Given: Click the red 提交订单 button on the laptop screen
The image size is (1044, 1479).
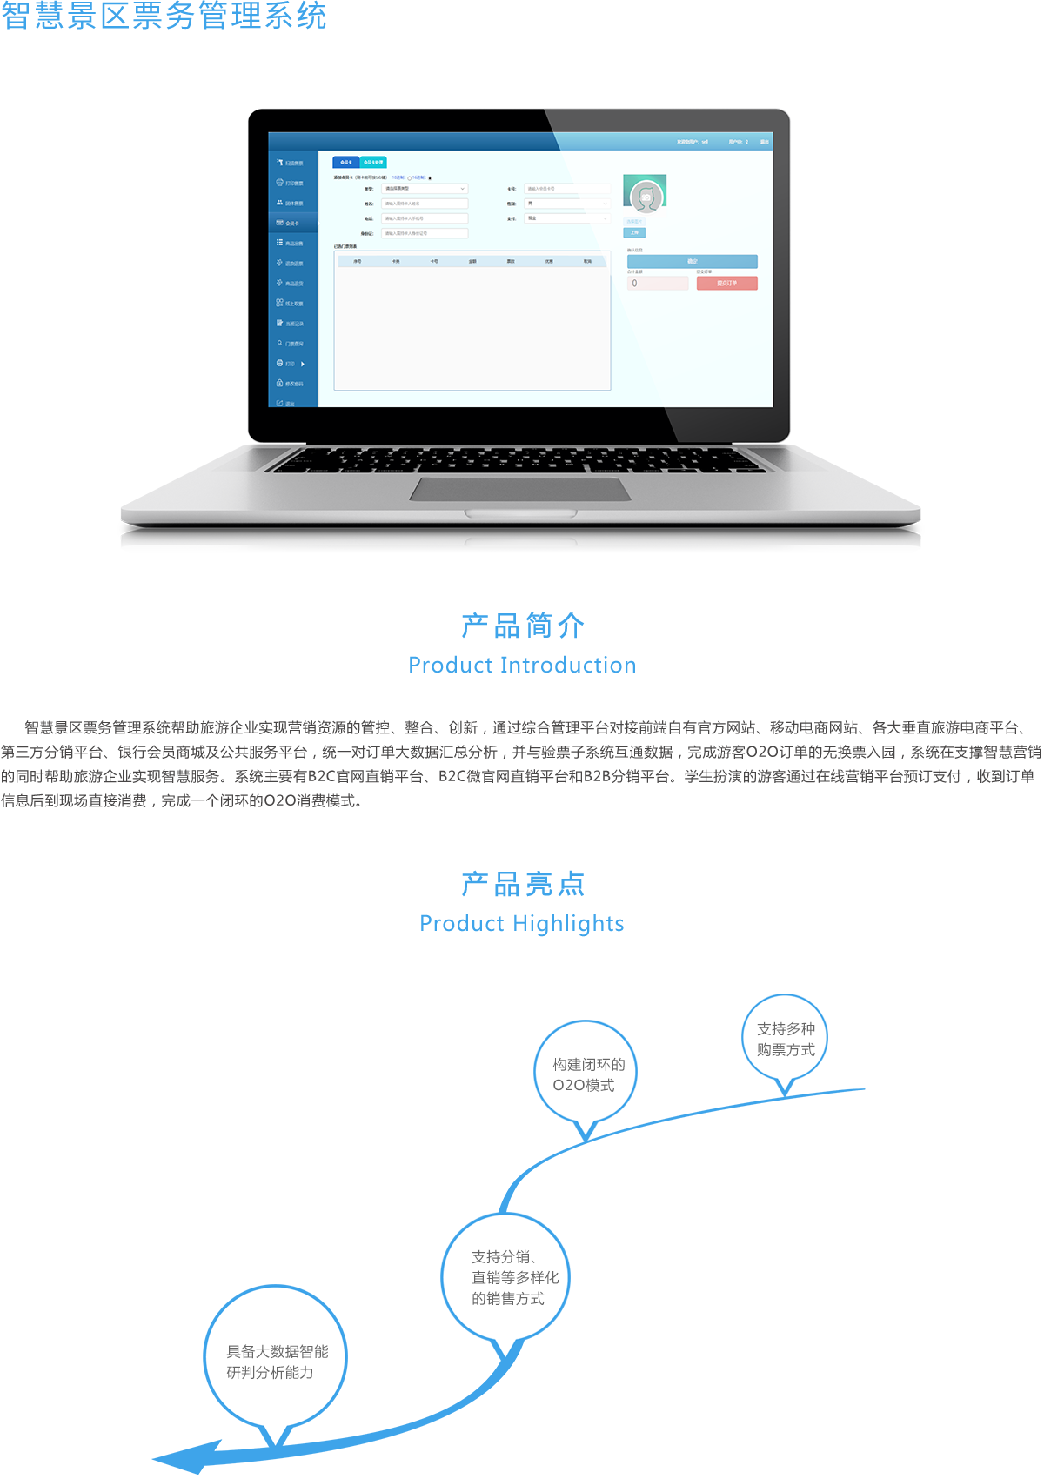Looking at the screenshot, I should tap(726, 283).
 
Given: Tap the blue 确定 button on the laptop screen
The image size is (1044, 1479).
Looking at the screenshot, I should tap(692, 261).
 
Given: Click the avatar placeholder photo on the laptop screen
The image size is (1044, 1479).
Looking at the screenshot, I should tap(645, 195).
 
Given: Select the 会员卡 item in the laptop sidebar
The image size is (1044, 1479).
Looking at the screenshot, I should tap(291, 224).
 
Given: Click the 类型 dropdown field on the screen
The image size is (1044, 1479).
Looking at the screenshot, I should tap(425, 189).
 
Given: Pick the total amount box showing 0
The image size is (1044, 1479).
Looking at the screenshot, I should tap(657, 283).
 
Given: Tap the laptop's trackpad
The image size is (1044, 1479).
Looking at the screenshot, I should tap(520, 489).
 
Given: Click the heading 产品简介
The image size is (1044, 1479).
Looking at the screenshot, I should tap(522, 625).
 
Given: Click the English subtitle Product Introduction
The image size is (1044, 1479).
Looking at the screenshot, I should tap(522, 666).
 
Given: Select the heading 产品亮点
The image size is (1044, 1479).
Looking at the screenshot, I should tap(522, 884).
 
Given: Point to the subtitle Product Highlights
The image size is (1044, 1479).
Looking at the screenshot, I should tap(522, 924).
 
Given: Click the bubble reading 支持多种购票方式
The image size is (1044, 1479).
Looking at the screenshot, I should tap(786, 1040).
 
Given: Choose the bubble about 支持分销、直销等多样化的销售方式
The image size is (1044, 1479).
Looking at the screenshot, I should tap(507, 1278).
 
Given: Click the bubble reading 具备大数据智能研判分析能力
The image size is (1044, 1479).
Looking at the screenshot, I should tap(276, 1362).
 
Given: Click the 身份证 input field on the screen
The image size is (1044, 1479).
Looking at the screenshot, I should tap(425, 233).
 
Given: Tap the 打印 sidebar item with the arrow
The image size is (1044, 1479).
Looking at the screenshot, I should tap(291, 364).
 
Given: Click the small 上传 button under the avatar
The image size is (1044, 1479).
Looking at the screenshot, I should tap(634, 232).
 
